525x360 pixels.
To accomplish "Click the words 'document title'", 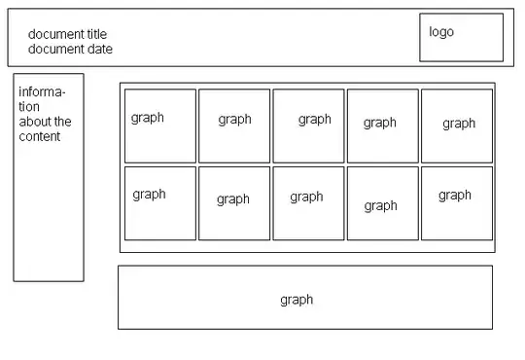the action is point(67,34).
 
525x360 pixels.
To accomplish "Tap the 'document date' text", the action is point(70,49).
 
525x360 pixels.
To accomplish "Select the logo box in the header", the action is point(462,37).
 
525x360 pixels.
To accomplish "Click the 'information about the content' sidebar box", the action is point(49,177).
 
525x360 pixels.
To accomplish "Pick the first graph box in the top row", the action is point(160,126).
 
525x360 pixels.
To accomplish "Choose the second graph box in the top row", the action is point(234,126).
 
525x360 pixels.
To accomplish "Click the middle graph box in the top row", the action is point(308,126).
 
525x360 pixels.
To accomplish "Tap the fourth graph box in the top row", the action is point(383,126).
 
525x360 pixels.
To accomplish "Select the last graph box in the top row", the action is point(457,126).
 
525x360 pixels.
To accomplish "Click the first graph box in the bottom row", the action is point(160,202).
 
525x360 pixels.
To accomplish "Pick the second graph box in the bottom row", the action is point(234,202).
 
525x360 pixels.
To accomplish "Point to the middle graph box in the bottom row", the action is point(308,202).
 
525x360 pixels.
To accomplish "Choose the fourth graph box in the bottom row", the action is point(383,202).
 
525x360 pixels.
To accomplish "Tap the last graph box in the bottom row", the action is point(457,202).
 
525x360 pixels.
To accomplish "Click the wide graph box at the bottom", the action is point(305,298).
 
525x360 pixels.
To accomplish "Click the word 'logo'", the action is point(441,31).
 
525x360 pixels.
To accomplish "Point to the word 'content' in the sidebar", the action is point(40,136).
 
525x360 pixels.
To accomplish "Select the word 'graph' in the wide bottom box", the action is point(297,300).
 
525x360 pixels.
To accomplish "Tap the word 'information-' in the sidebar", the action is point(42,92).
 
